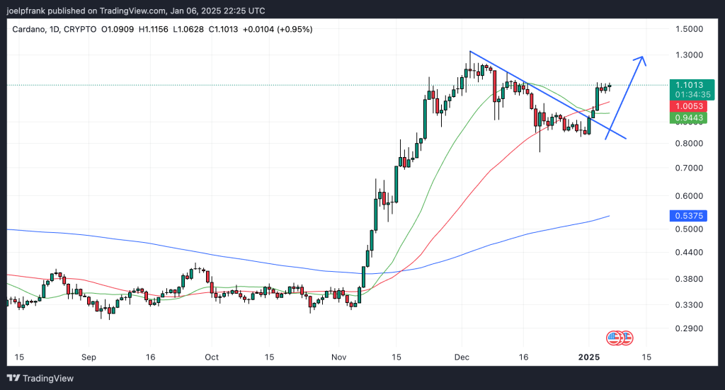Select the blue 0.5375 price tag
(x=687, y=216)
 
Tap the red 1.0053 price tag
(x=687, y=105)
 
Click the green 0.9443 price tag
(x=687, y=117)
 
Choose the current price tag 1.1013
(x=687, y=85)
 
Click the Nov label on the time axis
(x=337, y=357)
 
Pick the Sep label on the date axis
(x=88, y=357)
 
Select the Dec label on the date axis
(x=462, y=357)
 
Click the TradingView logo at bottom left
(x=40, y=378)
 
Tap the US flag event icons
(x=620, y=338)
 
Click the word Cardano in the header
(x=29, y=29)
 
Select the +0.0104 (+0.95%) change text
(x=278, y=29)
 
